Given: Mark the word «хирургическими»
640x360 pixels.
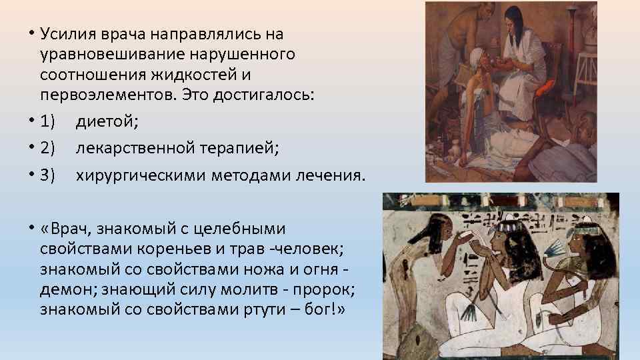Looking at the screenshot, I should coord(140,175).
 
